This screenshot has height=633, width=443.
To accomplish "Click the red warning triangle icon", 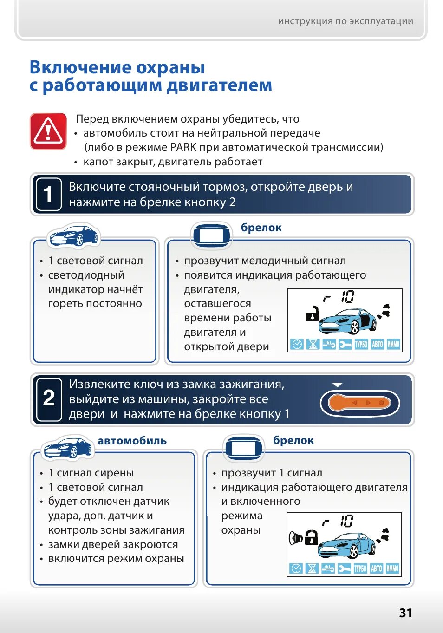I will click(48, 131).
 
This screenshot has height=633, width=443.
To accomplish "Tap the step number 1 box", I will click(48, 194).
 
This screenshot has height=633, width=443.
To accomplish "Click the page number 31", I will click(405, 613).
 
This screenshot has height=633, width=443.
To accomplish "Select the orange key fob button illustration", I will click(359, 403).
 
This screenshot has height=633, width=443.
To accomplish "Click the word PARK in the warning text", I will click(183, 147).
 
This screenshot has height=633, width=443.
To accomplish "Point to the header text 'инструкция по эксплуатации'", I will click(345, 21).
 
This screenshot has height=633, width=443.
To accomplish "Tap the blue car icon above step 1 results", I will click(74, 235).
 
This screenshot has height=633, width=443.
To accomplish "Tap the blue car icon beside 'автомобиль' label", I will click(68, 448).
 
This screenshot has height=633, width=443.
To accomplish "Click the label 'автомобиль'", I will click(132, 441).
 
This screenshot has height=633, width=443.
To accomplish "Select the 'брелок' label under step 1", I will click(261, 228).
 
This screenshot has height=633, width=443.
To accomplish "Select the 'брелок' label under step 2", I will click(293, 440).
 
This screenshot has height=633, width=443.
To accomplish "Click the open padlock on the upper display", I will click(313, 313).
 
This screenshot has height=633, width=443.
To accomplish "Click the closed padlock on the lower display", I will click(311, 537).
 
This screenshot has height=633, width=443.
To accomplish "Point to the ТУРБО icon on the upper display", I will click(361, 344).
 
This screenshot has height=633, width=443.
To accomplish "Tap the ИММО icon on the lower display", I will click(392, 568).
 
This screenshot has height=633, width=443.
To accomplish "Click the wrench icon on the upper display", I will click(345, 344).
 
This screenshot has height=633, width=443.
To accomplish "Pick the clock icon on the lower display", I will click(296, 568).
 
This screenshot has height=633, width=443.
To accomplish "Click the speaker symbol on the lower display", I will click(295, 538).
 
